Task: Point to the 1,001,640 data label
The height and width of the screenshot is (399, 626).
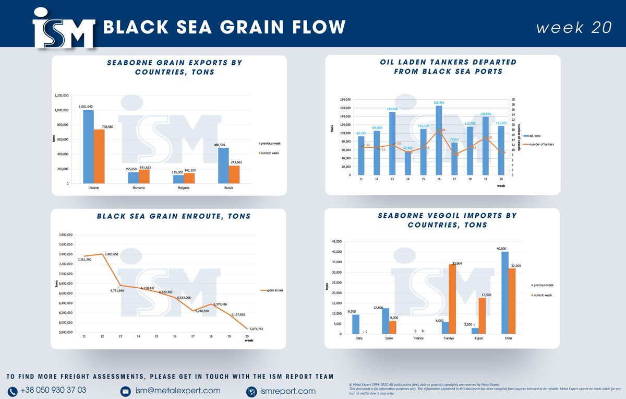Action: coord(86,107)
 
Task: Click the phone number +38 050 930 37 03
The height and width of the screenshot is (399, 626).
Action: coord(53,391)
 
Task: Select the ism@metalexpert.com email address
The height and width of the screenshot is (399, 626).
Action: coord(177,391)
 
